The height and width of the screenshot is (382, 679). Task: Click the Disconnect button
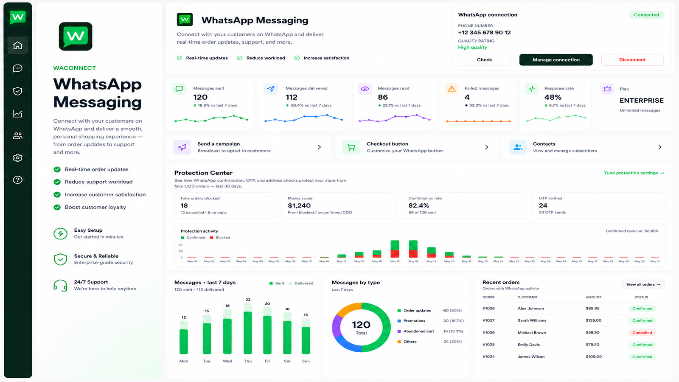point(632,60)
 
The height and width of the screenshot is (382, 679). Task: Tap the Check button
point(484,60)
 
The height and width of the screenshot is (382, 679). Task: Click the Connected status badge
point(647,15)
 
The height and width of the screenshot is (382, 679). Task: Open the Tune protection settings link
point(634,173)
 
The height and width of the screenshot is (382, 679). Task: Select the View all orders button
point(643,284)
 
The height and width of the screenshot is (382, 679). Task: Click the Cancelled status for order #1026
point(643,333)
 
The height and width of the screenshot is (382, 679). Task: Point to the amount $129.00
point(594,320)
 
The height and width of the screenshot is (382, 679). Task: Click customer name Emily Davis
point(529,345)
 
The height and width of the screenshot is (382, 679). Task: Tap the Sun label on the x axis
point(306,361)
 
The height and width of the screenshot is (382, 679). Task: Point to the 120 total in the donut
point(361,325)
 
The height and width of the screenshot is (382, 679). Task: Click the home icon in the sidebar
point(17,45)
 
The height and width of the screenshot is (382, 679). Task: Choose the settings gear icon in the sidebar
point(17,157)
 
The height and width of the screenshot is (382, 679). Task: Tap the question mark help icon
point(17,180)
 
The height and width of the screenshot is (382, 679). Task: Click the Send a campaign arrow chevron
point(319,147)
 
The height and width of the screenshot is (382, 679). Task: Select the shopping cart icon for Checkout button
point(351,147)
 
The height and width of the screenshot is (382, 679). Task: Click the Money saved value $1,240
point(299,205)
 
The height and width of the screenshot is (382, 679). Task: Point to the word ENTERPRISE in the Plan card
point(641,100)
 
